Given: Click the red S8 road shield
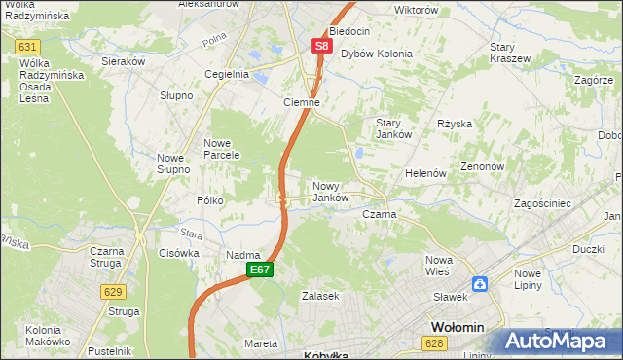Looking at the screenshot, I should coord(322,45).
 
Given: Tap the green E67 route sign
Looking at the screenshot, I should coord(258,270).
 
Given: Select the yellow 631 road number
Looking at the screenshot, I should coord(28,47).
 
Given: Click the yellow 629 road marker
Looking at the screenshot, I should coord(113,291).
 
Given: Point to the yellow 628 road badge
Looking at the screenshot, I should coord(435,342).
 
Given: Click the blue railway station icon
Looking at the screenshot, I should coord(480,284).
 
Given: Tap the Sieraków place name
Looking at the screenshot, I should coord(124,60).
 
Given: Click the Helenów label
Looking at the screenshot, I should coord(425,173).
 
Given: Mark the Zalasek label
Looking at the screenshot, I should coord(319,296).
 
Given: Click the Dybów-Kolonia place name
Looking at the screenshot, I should coord(376,54).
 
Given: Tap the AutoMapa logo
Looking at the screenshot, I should coord(560,342).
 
